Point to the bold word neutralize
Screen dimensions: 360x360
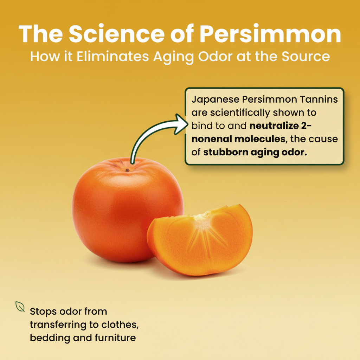coord(274,126)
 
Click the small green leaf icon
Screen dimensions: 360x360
coord(20,307)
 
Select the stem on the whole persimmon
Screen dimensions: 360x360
coord(127,170)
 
